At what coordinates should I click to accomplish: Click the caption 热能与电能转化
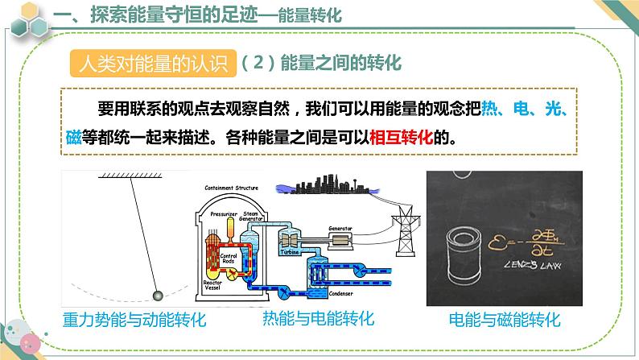319,319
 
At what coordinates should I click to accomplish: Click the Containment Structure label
232,188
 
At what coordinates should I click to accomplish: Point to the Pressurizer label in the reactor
225,214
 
